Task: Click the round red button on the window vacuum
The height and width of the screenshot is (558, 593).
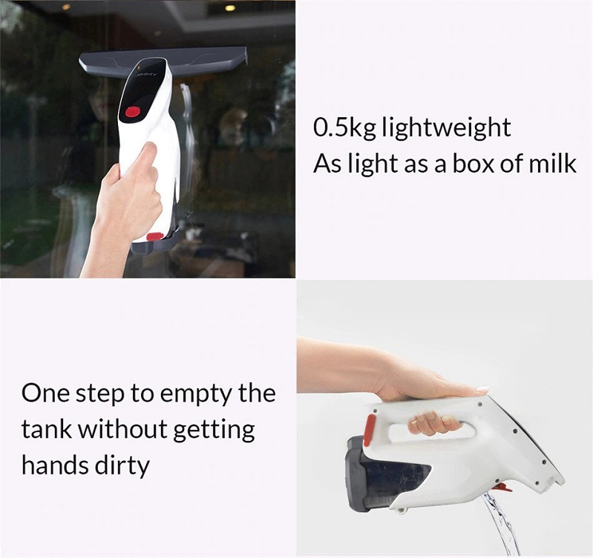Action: click(133, 112)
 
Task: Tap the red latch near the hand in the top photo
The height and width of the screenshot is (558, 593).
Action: click(155, 236)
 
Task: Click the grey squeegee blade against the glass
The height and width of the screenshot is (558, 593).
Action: click(163, 61)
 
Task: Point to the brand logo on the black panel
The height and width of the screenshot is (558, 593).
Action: click(147, 76)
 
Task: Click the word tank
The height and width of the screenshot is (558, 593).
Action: click(47, 429)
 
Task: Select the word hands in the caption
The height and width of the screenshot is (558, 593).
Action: click(55, 465)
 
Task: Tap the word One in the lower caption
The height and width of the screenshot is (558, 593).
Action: click(46, 393)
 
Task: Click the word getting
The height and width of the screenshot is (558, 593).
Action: click(214, 431)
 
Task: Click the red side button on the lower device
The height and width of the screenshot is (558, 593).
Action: click(369, 430)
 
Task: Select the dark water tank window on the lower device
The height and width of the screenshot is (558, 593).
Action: click(397, 477)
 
